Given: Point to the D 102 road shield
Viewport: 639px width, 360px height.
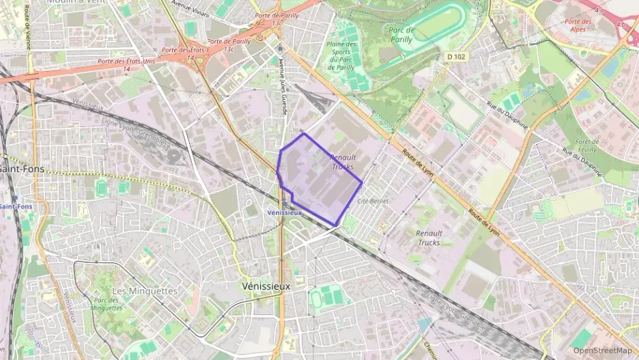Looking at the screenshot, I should [456, 57].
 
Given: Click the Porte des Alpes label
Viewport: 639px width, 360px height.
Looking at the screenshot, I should [578, 25].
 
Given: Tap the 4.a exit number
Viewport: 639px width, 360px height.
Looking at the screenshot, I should [599, 11].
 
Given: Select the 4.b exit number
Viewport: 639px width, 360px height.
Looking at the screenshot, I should [620, 25].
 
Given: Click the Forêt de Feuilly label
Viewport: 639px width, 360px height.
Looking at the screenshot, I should [587, 146].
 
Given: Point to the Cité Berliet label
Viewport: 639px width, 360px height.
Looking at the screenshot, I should [373, 201].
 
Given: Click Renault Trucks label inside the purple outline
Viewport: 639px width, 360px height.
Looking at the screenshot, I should [343, 161].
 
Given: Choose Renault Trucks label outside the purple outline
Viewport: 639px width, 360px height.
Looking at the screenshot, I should [429, 237].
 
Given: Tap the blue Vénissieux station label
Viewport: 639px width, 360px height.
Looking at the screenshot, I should [284, 212].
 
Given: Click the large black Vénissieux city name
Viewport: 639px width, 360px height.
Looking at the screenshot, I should [266, 286].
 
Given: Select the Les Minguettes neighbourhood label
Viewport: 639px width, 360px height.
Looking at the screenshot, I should [144, 291].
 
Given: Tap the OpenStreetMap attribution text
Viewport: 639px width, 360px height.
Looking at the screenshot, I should [602, 350].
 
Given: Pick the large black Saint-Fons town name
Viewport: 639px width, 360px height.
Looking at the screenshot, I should [20, 169].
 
